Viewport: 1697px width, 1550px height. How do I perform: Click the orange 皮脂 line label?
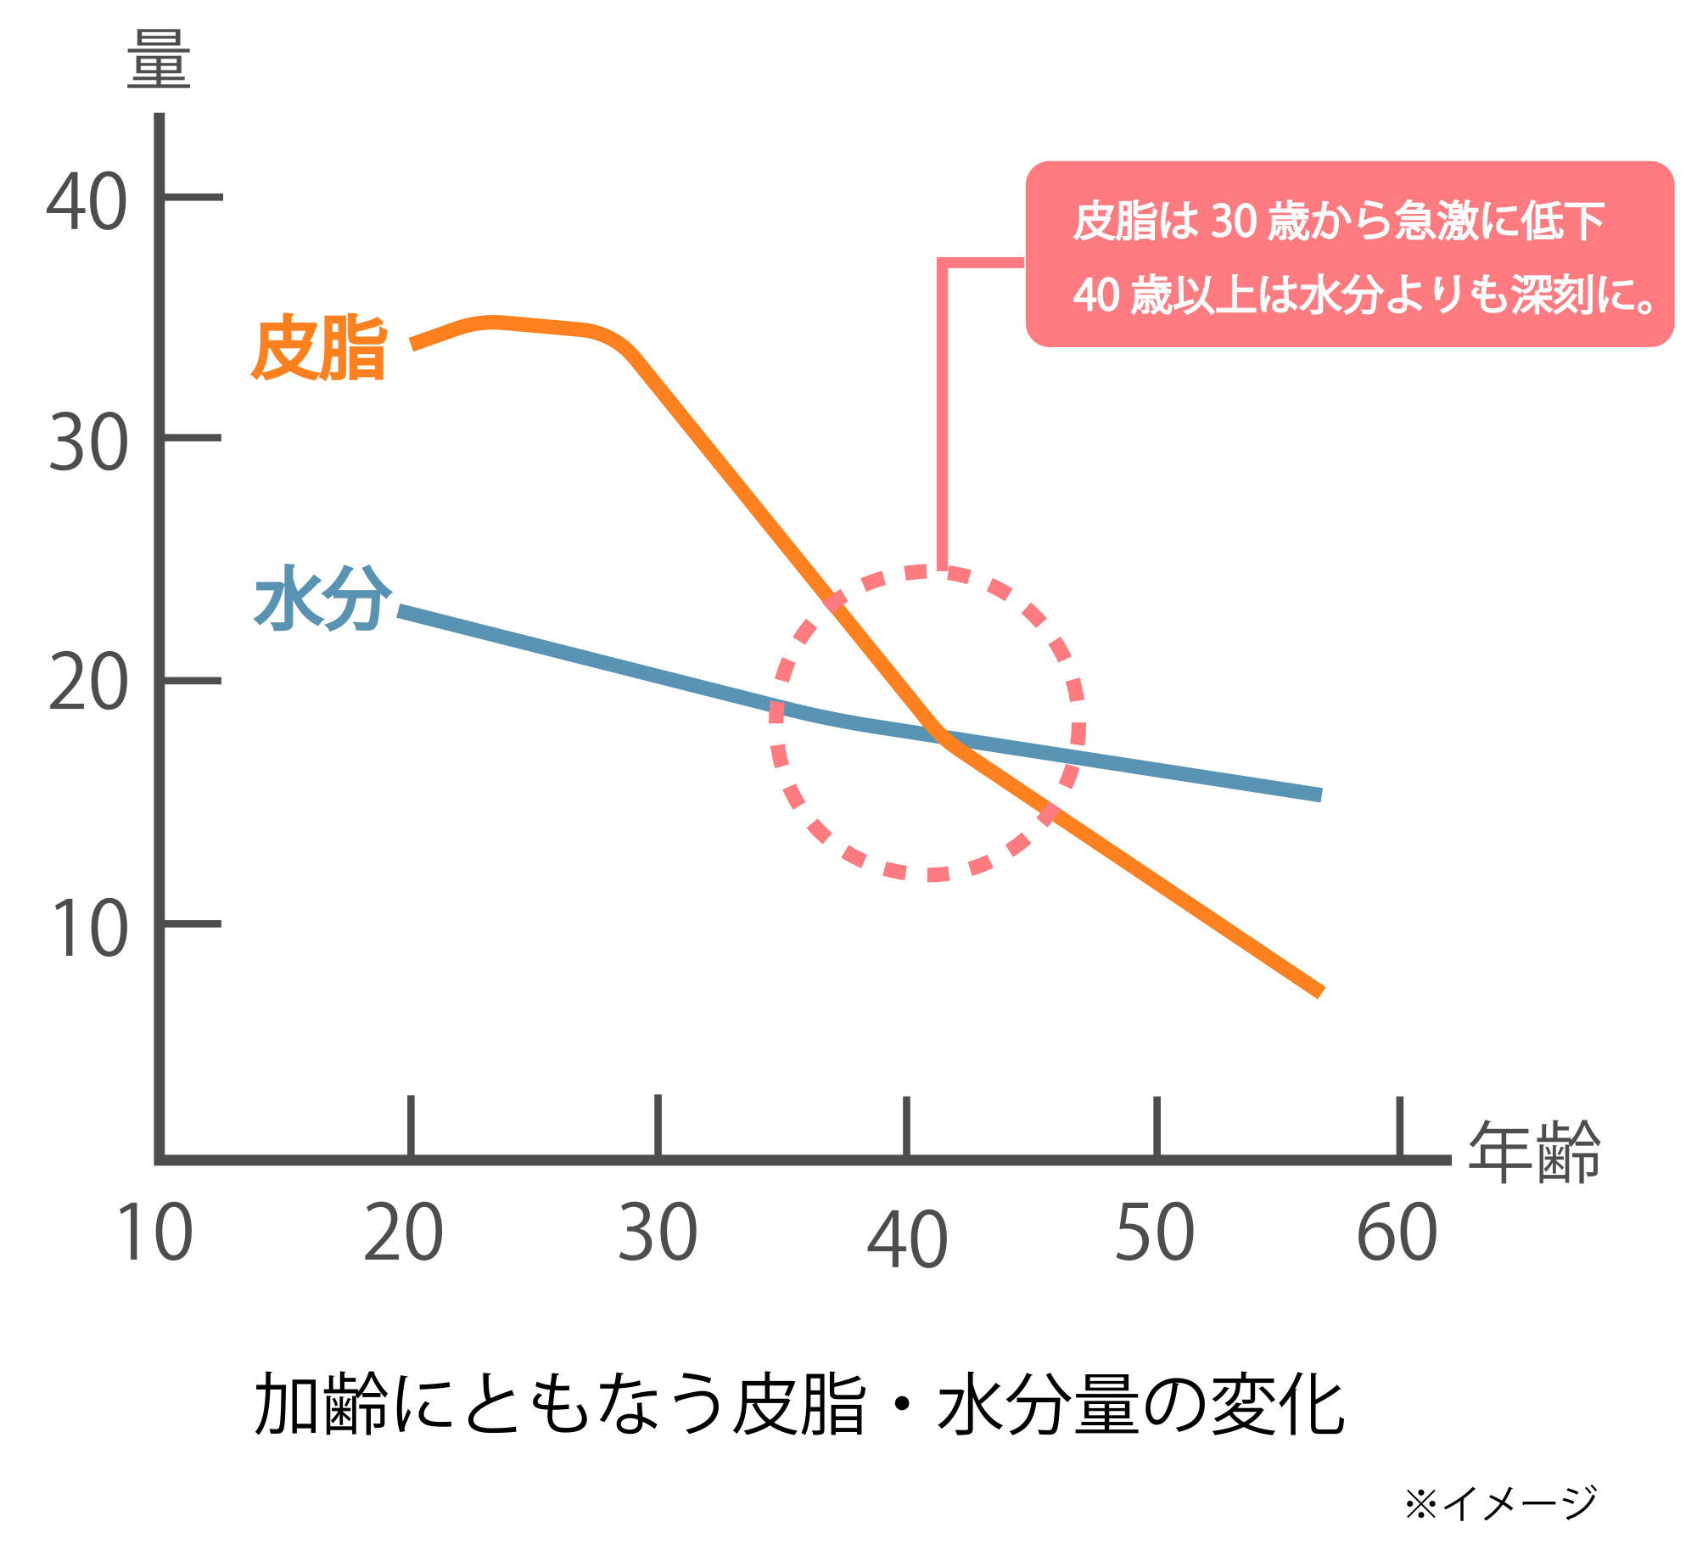tap(319, 347)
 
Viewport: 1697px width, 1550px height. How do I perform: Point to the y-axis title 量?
tap(159, 59)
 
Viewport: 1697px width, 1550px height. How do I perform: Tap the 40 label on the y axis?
tap(87, 202)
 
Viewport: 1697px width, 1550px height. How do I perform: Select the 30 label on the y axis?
tap(88, 443)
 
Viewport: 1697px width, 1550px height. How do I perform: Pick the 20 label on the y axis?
tap(88, 683)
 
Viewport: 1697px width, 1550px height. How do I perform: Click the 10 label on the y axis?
tap(88, 929)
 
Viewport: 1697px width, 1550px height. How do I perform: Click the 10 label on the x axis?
tap(154, 1233)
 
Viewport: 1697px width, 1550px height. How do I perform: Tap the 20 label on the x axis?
tap(403, 1233)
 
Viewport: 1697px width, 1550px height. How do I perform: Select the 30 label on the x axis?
tap(658, 1233)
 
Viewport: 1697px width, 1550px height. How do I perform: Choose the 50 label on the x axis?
tap(1155, 1233)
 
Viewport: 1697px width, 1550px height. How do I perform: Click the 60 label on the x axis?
tap(1397, 1233)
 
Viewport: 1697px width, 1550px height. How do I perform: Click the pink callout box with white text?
tap(1349, 255)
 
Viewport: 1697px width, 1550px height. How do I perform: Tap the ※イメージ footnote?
tap(1500, 1502)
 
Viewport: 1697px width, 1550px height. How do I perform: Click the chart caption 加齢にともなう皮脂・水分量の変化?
tap(799, 1405)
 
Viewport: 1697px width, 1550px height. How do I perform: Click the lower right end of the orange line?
tap(1319, 991)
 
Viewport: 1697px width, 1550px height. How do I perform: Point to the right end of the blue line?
tap(1319, 795)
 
